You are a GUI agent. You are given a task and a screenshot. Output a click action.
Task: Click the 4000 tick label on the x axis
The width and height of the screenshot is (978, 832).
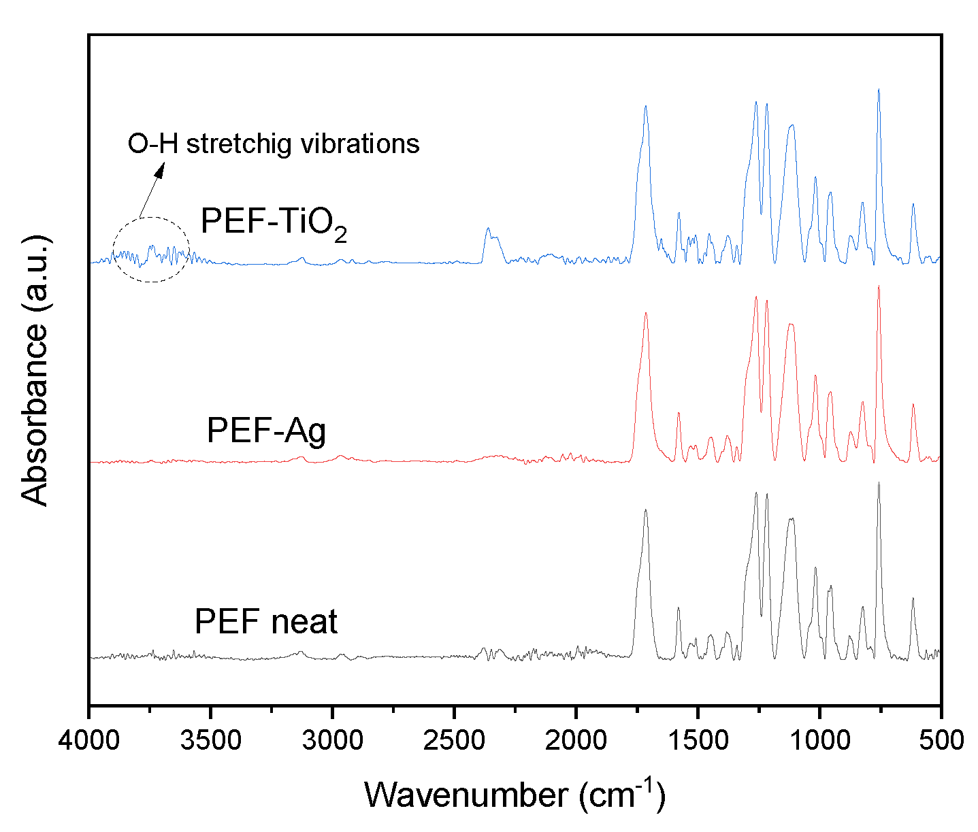(x=88, y=740)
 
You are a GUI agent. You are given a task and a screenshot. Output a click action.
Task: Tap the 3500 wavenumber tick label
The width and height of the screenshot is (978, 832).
(x=210, y=740)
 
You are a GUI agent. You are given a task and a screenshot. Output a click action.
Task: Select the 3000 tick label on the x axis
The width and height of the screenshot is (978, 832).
(x=332, y=740)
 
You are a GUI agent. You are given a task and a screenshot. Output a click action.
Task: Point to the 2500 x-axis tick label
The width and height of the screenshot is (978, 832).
(x=454, y=740)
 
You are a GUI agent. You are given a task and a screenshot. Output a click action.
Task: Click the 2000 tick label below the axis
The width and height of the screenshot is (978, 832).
(x=576, y=740)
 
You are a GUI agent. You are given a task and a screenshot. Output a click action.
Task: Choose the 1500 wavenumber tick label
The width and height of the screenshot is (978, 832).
(x=698, y=740)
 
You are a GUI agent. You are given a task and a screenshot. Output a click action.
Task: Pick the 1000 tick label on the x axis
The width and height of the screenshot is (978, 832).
(x=819, y=740)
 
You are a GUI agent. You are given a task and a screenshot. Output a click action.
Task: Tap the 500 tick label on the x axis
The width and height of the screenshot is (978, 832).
(x=941, y=740)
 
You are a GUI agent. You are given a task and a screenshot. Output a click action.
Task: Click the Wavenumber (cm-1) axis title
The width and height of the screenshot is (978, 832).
(x=515, y=793)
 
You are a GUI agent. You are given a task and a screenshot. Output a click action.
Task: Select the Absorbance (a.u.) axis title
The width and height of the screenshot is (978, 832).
(x=35, y=370)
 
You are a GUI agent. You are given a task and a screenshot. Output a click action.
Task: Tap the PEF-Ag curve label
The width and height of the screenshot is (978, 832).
(x=266, y=431)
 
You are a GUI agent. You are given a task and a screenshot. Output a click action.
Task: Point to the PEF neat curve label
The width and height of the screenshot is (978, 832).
(x=266, y=622)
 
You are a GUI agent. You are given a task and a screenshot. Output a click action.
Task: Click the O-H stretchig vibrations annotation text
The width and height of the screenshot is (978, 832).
(x=274, y=144)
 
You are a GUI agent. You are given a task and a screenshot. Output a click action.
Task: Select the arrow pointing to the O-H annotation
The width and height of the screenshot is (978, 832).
(x=151, y=190)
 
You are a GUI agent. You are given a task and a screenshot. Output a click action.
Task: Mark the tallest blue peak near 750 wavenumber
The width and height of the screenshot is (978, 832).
(x=879, y=90)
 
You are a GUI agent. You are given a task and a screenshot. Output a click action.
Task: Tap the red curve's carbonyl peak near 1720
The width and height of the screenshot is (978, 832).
(x=645, y=314)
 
